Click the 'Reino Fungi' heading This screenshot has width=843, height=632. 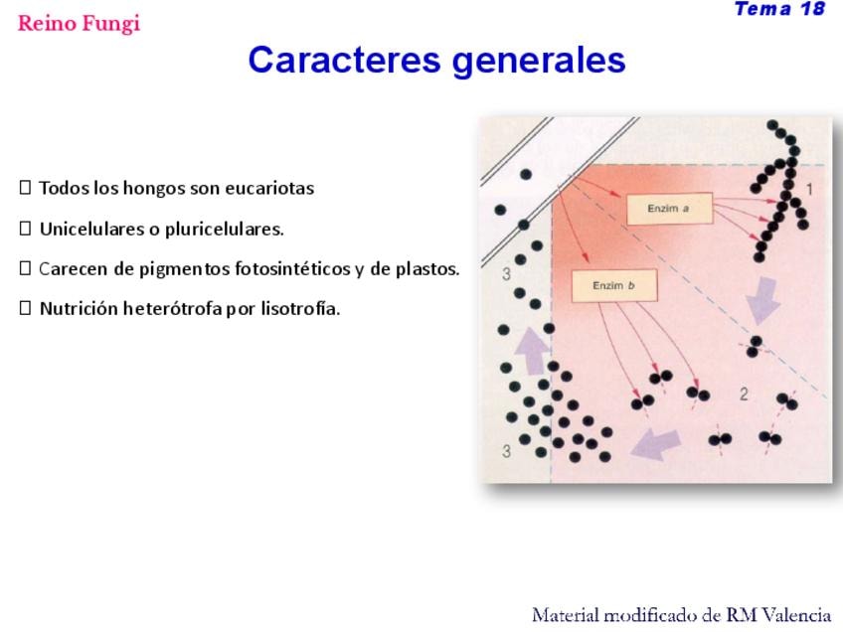[80, 23]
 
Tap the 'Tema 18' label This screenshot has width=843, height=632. [779, 9]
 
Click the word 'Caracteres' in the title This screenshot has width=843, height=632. [345, 60]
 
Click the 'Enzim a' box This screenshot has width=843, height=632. [669, 209]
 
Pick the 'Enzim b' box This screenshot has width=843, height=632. [614, 286]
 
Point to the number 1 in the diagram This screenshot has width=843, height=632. [809, 189]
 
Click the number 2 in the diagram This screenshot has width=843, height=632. [744, 395]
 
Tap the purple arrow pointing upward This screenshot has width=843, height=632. [532, 351]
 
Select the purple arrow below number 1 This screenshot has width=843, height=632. [761, 301]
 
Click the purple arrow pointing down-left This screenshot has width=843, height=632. [655, 445]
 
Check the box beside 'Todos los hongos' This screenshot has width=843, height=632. [25, 188]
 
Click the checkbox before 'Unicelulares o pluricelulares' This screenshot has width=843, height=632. [25, 229]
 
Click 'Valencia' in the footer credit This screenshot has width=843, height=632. [797, 615]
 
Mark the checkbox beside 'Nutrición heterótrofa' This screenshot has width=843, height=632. [25, 308]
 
